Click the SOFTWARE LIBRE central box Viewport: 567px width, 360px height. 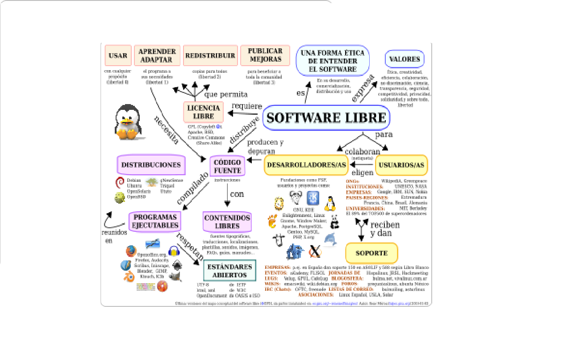click(x=326, y=117)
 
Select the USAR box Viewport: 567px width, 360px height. click(x=118, y=56)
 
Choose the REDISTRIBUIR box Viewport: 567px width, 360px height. click(x=210, y=56)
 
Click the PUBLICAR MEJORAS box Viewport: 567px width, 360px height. click(x=265, y=55)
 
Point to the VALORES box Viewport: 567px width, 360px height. click(x=404, y=59)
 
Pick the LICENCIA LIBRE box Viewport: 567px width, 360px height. click(x=203, y=112)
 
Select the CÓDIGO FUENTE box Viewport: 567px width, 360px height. click(x=227, y=166)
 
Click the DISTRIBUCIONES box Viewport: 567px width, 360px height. click(x=151, y=165)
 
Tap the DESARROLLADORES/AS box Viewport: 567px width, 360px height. click(x=306, y=165)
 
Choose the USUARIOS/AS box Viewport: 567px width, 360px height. click(x=401, y=165)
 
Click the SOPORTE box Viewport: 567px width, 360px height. click(x=371, y=253)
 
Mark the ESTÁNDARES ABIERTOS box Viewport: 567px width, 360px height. click(x=229, y=271)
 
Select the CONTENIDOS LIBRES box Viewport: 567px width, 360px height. click(x=227, y=222)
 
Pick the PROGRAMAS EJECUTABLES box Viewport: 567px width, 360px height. click(x=155, y=221)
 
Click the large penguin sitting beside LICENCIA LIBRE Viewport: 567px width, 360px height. click(x=127, y=122)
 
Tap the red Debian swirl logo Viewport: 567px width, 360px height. click(x=119, y=182)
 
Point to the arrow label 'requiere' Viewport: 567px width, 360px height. click(x=246, y=106)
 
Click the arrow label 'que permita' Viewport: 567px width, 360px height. click(x=225, y=94)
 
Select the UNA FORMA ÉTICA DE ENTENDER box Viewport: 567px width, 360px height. click(x=332, y=61)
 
